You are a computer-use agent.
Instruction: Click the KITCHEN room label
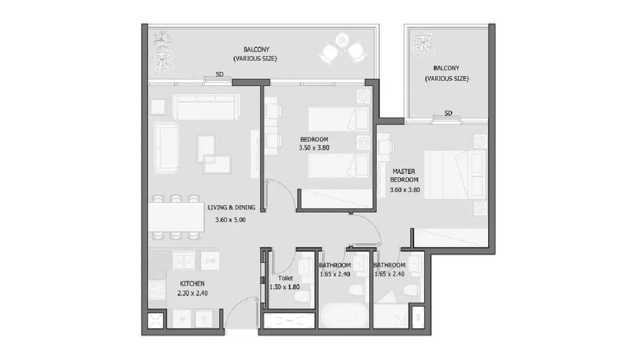coord(192,284)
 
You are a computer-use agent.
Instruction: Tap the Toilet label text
coord(286,278)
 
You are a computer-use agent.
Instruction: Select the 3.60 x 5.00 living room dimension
coord(230,220)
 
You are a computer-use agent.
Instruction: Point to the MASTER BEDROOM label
coord(404,176)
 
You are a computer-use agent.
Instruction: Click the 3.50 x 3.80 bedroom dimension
coord(314,148)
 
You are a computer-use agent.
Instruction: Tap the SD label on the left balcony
coord(219,74)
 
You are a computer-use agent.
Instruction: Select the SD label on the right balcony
coord(448,113)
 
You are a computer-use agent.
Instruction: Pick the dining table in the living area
coord(176,217)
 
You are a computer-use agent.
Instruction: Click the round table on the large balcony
coord(342,40)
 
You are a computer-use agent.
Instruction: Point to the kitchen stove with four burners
coord(157,290)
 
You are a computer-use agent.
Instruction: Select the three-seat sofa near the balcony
coord(206,107)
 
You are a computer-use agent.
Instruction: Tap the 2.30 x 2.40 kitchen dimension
coord(192,293)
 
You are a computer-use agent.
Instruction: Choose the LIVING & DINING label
coord(231,207)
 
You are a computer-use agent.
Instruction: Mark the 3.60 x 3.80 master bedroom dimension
coord(405,190)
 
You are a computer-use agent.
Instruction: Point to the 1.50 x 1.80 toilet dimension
coord(284,287)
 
